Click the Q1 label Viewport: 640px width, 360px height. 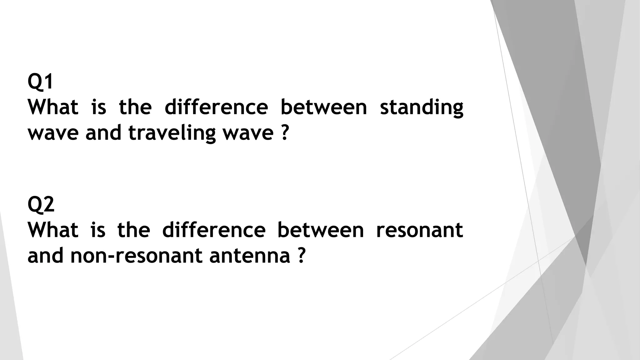pyautogui.click(x=40, y=82)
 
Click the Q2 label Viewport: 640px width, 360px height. pyautogui.click(x=41, y=205)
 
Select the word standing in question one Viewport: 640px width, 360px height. pyautogui.click(x=421, y=108)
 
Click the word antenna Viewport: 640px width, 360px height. pyautogui.click(x=249, y=256)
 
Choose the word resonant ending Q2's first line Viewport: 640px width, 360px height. pyautogui.click(x=419, y=230)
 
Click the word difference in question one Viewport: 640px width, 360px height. pyautogui.click(x=216, y=107)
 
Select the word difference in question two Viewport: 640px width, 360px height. pyautogui.click(x=214, y=230)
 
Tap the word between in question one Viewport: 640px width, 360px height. pyautogui.click(x=323, y=107)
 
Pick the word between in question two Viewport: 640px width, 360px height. pyautogui.click(x=321, y=230)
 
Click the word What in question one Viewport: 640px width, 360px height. pyautogui.click(x=53, y=107)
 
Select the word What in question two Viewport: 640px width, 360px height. pyautogui.click(x=53, y=230)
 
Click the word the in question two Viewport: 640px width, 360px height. pyautogui.click(x=134, y=230)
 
